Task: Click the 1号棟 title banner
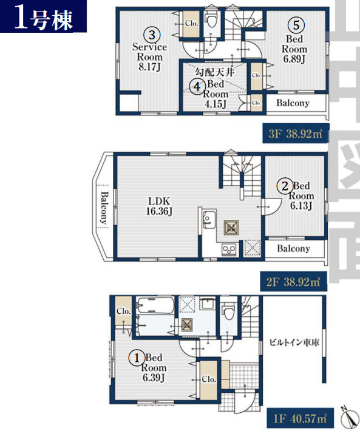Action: [x=44, y=16]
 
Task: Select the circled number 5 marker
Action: [x=296, y=25]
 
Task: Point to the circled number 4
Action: [x=197, y=87]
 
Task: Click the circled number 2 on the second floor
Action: [x=285, y=186]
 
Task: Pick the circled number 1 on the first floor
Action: [x=137, y=358]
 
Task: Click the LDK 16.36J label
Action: [x=160, y=206]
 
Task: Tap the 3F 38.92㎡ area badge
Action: [x=296, y=134]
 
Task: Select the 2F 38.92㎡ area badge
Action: [x=294, y=282]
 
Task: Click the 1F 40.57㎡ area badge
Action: [x=301, y=419]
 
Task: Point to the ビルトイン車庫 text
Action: [x=294, y=342]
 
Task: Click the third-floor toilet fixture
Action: [x=211, y=20]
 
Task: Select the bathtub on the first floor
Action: [x=155, y=305]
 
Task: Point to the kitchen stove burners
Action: [x=229, y=249]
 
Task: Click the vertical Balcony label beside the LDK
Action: [x=104, y=208]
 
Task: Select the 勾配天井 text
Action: [x=215, y=72]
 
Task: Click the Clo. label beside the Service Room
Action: [x=192, y=23]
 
